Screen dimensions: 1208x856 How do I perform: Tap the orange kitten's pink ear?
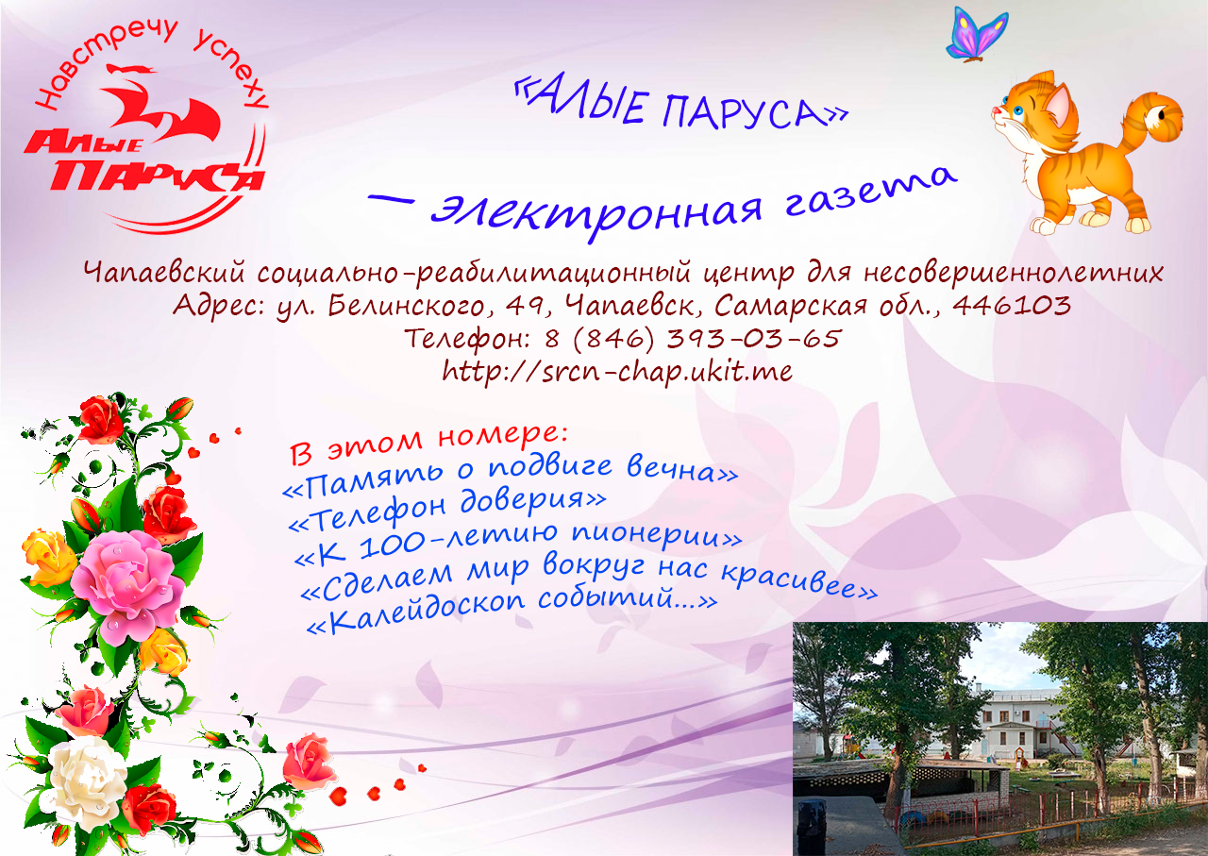[x=1058, y=105]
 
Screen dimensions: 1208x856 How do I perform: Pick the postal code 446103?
[x=1011, y=305]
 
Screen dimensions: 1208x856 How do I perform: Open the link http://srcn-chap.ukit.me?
[x=617, y=371]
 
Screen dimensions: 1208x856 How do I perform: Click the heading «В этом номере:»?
[x=428, y=444]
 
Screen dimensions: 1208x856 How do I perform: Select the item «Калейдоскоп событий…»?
[x=512, y=612]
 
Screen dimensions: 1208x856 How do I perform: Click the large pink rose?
[x=127, y=585]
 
